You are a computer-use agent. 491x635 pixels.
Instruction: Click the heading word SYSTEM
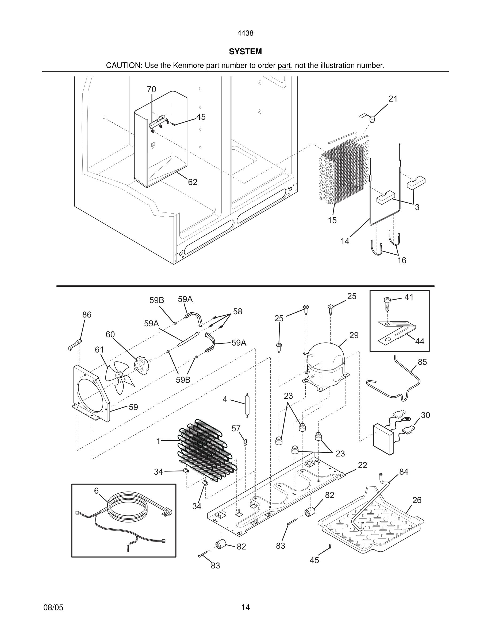[245, 52]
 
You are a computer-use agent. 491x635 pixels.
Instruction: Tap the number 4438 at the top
[245, 33]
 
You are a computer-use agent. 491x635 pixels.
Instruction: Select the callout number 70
[151, 90]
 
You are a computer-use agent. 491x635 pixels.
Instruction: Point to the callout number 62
[193, 182]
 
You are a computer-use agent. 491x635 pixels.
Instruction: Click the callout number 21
[393, 99]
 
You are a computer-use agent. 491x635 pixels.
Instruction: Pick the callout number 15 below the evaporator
[332, 220]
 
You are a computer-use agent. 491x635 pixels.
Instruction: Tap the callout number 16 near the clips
[402, 260]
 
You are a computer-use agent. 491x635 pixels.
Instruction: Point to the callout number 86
[87, 315]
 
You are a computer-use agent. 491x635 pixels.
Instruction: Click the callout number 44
[419, 341]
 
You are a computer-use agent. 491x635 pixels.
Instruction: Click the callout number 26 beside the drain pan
[417, 500]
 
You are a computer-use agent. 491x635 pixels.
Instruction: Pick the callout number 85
[422, 362]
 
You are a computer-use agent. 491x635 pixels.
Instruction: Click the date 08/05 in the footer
[53, 607]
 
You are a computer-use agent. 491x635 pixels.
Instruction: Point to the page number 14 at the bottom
[245, 607]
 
